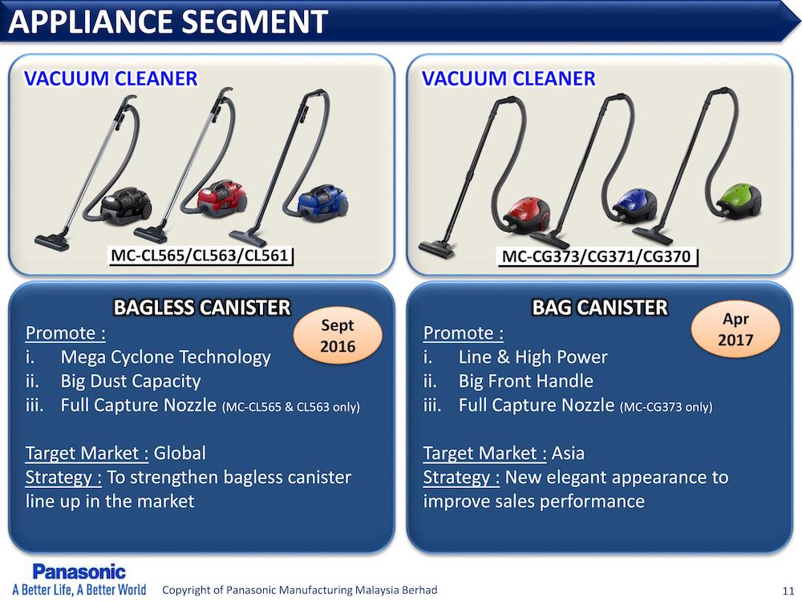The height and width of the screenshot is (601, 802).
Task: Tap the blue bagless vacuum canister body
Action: (x=322, y=201)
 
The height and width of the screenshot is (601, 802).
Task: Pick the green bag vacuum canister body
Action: (x=739, y=200)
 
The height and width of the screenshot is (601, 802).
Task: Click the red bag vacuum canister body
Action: (x=527, y=215)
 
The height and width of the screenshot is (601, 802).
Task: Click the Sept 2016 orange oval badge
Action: (x=338, y=336)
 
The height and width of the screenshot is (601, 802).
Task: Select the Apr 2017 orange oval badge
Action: (x=735, y=329)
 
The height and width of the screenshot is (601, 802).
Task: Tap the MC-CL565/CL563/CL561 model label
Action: (x=200, y=255)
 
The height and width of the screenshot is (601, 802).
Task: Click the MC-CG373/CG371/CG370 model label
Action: (x=597, y=256)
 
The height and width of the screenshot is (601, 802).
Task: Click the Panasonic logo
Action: (x=79, y=572)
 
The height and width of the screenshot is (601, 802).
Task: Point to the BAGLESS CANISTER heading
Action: (x=202, y=307)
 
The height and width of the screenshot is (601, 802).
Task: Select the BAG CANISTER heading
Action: (x=600, y=307)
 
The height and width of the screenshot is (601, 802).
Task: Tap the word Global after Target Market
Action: (x=180, y=453)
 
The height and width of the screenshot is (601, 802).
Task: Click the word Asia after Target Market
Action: (x=568, y=453)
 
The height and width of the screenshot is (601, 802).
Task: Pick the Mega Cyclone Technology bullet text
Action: (x=166, y=357)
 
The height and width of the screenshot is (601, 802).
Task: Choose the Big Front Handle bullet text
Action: (x=526, y=381)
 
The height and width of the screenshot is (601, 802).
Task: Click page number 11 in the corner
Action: (x=788, y=591)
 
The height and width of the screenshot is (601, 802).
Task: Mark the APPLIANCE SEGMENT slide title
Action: (x=168, y=22)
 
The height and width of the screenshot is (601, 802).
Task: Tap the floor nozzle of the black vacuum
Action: (x=51, y=242)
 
